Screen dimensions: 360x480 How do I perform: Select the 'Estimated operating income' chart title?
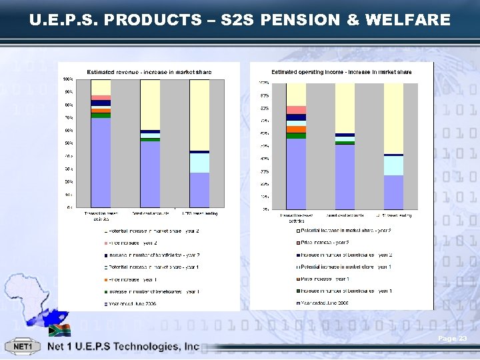click(341, 71)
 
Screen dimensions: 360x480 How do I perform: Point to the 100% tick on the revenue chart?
click(69, 79)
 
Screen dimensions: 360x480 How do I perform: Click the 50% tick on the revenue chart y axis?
click(69, 143)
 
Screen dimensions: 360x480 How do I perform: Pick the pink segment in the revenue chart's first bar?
click(101, 98)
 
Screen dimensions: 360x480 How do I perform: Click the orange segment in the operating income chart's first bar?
click(296, 129)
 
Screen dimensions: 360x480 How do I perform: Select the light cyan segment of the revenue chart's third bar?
click(199, 163)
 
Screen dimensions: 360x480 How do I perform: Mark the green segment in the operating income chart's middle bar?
click(345, 143)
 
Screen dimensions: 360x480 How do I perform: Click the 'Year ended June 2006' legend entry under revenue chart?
click(141, 303)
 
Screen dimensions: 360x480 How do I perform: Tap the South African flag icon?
click(59, 329)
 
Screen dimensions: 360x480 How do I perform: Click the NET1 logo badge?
click(23, 347)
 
